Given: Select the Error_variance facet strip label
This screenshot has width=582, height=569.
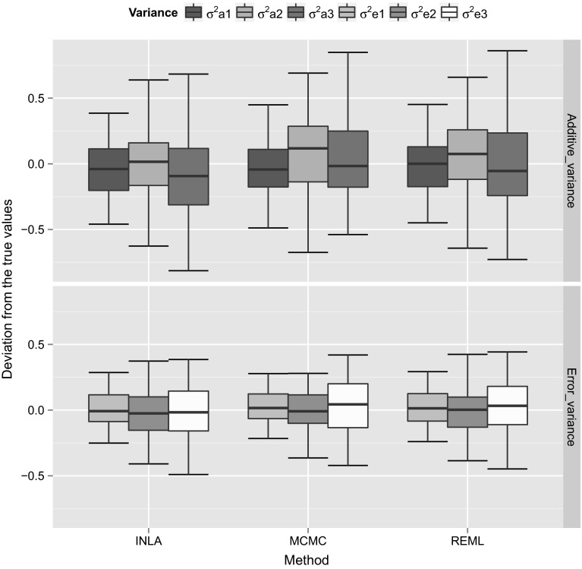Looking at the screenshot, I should tap(571, 405).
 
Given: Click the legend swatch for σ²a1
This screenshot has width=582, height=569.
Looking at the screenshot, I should tap(193, 13).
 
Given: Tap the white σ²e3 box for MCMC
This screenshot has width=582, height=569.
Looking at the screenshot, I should tap(348, 406).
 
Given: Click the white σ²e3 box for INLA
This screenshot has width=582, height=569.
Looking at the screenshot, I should tap(188, 411).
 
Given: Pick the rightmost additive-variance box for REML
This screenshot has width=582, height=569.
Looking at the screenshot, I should tap(507, 164).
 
